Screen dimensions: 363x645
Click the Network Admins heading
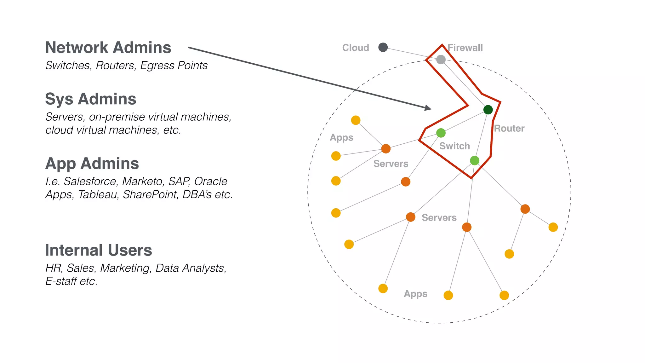point(108,48)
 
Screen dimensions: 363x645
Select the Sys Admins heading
point(90,99)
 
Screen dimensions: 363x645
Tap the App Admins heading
point(92,164)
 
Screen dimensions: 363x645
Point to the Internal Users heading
point(98,250)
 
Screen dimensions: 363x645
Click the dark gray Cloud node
point(383,47)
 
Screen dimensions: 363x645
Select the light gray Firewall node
point(441,59)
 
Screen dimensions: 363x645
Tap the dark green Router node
point(488,110)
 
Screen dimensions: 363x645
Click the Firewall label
point(465,48)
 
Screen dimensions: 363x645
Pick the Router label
point(509,129)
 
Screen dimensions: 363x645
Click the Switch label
point(454,146)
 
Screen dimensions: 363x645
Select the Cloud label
point(356,48)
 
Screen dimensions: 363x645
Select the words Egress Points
point(174,66)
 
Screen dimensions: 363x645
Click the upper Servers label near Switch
point(391,164)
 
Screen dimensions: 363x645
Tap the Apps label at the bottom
point(415,294)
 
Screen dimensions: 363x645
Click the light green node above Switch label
point(441,133)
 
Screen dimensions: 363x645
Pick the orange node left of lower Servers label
point(410,217)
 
